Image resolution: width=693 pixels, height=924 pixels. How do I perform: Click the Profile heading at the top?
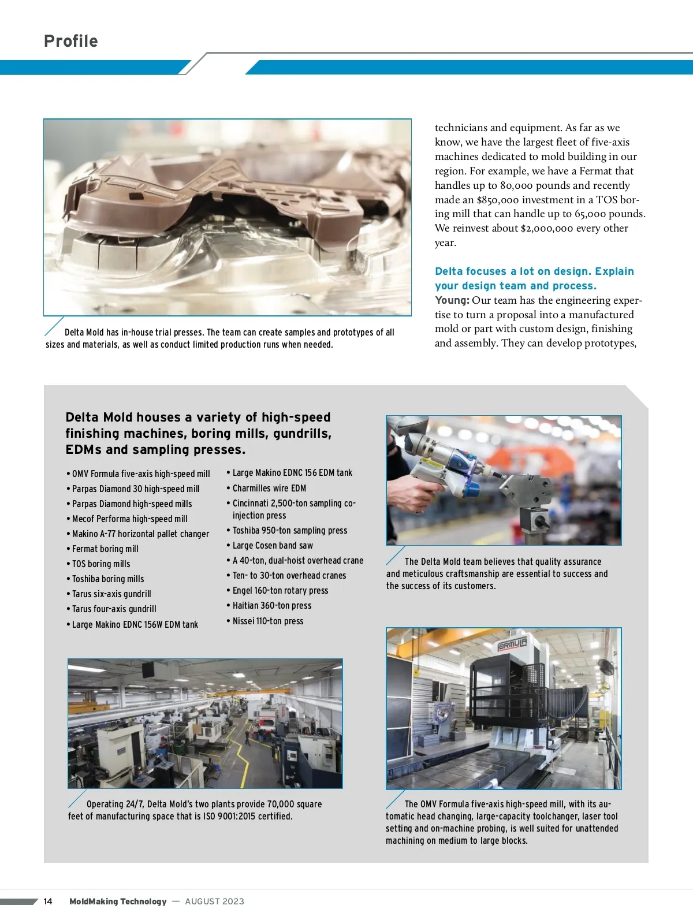coord(71,41)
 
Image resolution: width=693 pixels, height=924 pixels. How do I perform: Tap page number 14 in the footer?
coord(48,901)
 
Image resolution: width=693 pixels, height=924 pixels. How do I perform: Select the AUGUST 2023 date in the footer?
coord(214,901)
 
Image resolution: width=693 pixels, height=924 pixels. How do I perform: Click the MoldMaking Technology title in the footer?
coord(118,901)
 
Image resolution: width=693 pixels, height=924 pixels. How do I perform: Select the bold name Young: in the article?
coord(452,300)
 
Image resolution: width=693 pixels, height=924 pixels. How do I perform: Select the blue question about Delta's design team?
coord(534,278)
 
